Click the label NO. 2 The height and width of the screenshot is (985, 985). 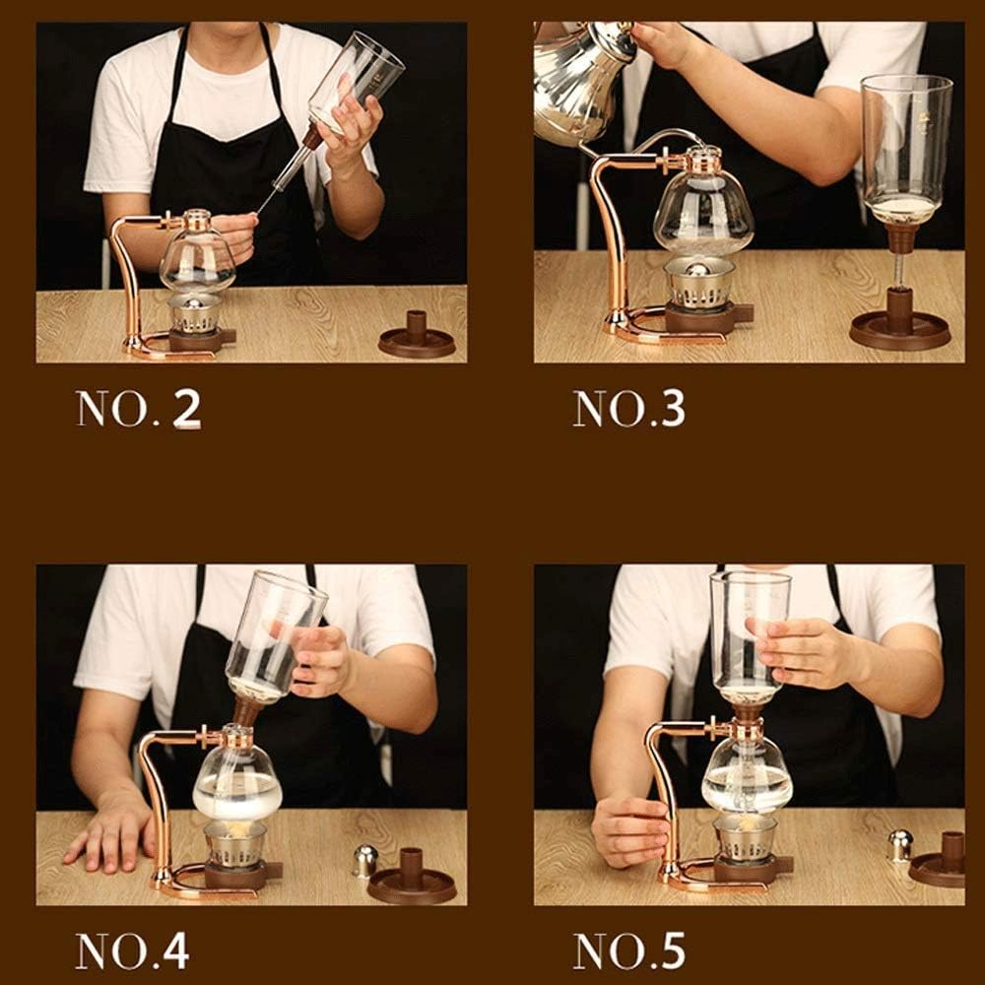pos(138,409)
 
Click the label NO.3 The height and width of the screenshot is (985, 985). pos(628,409)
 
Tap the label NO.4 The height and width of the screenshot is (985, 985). pos(132,950)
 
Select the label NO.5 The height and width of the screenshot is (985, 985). pos(628,950)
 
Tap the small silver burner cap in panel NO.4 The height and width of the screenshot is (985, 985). pos(365,860)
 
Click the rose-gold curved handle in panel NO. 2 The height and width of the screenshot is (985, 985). pos(125,276)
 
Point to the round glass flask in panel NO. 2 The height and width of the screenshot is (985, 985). pos(197,261)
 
